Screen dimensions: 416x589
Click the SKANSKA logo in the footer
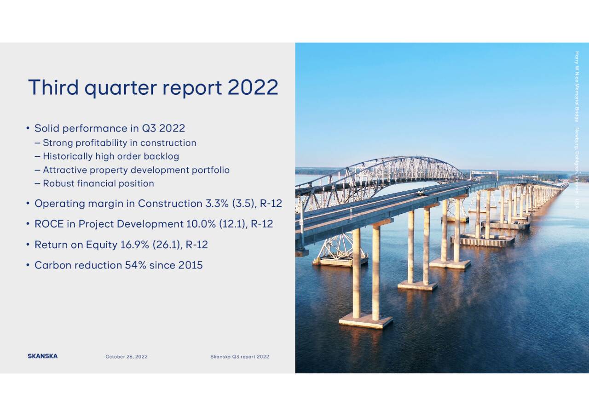[42, 356]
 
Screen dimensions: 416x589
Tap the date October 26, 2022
[127, 357]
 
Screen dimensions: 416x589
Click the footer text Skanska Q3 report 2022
[239, 357]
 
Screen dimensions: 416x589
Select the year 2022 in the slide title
[253, 87]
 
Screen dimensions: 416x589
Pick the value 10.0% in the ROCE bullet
[201, 224]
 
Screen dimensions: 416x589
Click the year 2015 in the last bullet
[191, 265]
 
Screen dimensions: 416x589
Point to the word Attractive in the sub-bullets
[64, 170]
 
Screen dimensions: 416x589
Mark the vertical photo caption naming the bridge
[577, 129]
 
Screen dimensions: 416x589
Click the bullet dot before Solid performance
[28, 128]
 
